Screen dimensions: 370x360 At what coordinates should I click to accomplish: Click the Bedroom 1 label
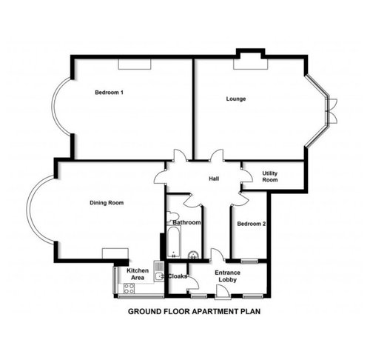[109, 93]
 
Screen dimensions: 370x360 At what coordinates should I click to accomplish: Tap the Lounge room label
[236, 99]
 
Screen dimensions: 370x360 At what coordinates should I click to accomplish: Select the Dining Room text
[107, 203]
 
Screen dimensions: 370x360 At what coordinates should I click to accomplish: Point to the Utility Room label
[270, 176]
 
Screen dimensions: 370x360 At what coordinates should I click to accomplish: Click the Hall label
[214, 179]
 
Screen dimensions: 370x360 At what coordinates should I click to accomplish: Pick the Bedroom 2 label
[252, 224]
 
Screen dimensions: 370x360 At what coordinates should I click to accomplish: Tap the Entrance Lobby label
[227, 276]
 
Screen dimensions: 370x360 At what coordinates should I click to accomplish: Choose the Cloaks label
[178, 276]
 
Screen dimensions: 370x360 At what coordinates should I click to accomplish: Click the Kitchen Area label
[138, 274]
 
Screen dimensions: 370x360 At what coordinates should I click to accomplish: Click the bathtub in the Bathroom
[174, 242]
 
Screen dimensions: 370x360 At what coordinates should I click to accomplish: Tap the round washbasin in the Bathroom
[194, 256]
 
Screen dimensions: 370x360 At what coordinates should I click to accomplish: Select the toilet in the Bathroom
[172, 216]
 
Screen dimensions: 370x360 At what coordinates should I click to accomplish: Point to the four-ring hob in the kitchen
[129, 289]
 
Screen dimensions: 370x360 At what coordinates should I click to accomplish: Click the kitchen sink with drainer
[159, 271]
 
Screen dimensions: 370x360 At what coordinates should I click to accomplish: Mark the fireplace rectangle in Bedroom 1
[135, 64]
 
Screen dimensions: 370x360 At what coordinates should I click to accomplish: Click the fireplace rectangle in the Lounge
[251, 64]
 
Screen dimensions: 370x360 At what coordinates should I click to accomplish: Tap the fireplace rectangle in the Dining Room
[115, 253]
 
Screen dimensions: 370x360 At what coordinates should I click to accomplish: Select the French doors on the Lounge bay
[332, 111]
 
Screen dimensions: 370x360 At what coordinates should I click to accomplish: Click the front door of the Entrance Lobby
[223, 293]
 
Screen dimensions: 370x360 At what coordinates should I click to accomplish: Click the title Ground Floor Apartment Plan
[194, 311]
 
